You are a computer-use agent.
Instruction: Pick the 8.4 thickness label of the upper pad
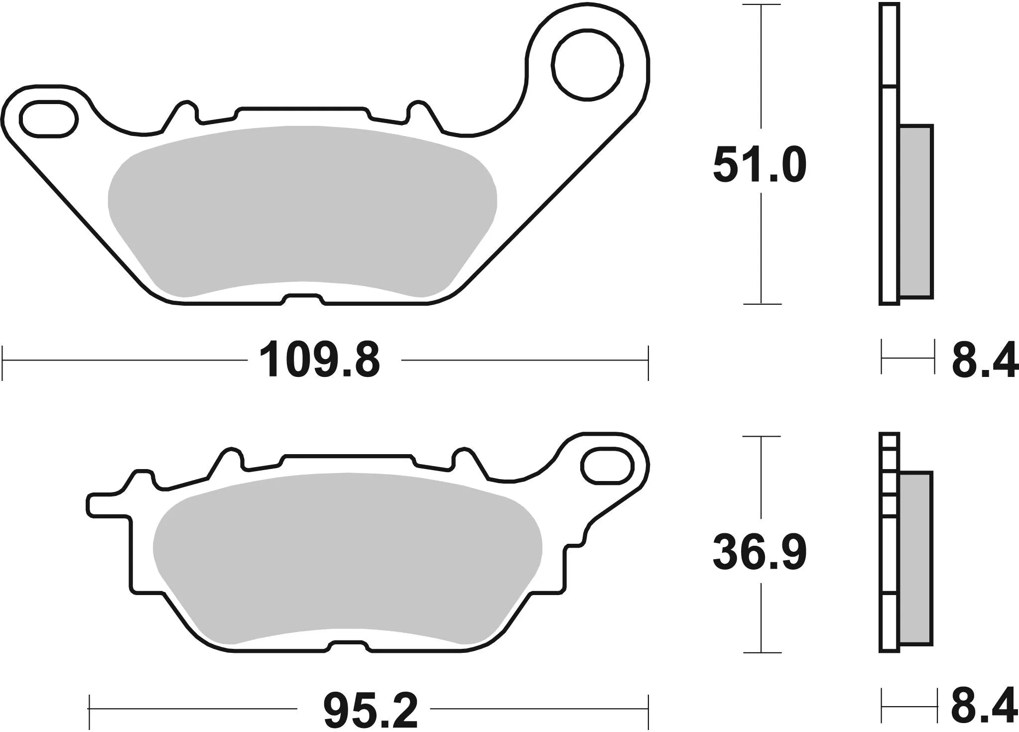point(984,360)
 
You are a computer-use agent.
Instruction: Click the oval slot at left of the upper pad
point(48,118)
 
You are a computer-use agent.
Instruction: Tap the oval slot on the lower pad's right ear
point(607,466)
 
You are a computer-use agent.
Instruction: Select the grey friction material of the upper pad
point(301,209)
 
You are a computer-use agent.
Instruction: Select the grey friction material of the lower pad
point(346,558)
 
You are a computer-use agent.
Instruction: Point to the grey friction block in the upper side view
point(916,212)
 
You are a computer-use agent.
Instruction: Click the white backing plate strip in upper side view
point(890,199)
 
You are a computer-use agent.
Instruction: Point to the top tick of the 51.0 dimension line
point(762,5)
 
